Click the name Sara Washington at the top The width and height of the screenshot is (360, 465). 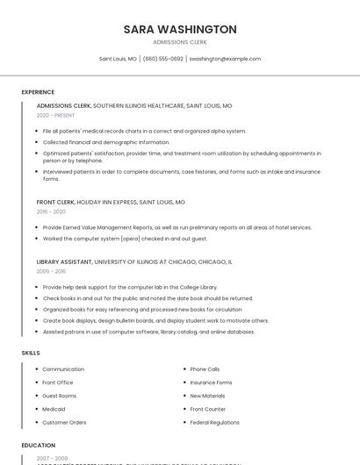(180, 29)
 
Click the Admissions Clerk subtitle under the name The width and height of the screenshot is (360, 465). (180, 41)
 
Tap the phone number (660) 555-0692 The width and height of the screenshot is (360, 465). (162, 59)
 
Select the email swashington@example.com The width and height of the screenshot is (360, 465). (225, 59)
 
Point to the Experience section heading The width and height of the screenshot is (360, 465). (38, 92)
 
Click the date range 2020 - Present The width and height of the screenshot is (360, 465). (55, 115)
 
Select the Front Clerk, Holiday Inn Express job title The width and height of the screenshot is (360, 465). (111, 202)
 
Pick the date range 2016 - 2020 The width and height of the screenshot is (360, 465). (51, 211)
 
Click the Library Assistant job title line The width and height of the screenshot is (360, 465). (134, 261)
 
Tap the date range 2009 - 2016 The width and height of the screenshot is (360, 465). (51, 271)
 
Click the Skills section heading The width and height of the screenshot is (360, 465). (31, 353)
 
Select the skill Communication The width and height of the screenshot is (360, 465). (63, 369)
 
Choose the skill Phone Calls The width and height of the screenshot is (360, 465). (205, 369)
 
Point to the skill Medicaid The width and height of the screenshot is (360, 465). (54, 409)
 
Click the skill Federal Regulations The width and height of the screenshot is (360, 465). (214, 422)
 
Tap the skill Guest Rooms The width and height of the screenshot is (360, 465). (60, 396)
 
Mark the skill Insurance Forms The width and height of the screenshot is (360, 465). (211, 383)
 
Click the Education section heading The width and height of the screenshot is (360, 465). (39, 445)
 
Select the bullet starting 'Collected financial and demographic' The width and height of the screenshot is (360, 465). (105, 142)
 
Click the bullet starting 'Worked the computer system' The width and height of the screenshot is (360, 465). (125, 239)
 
